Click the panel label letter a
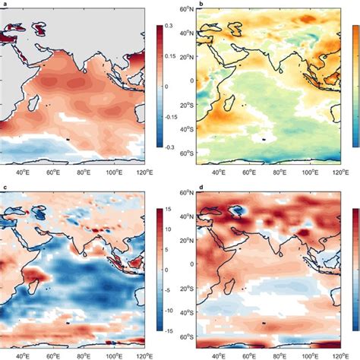click(x=3, y=5)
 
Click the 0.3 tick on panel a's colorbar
click(x=172, y=26)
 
